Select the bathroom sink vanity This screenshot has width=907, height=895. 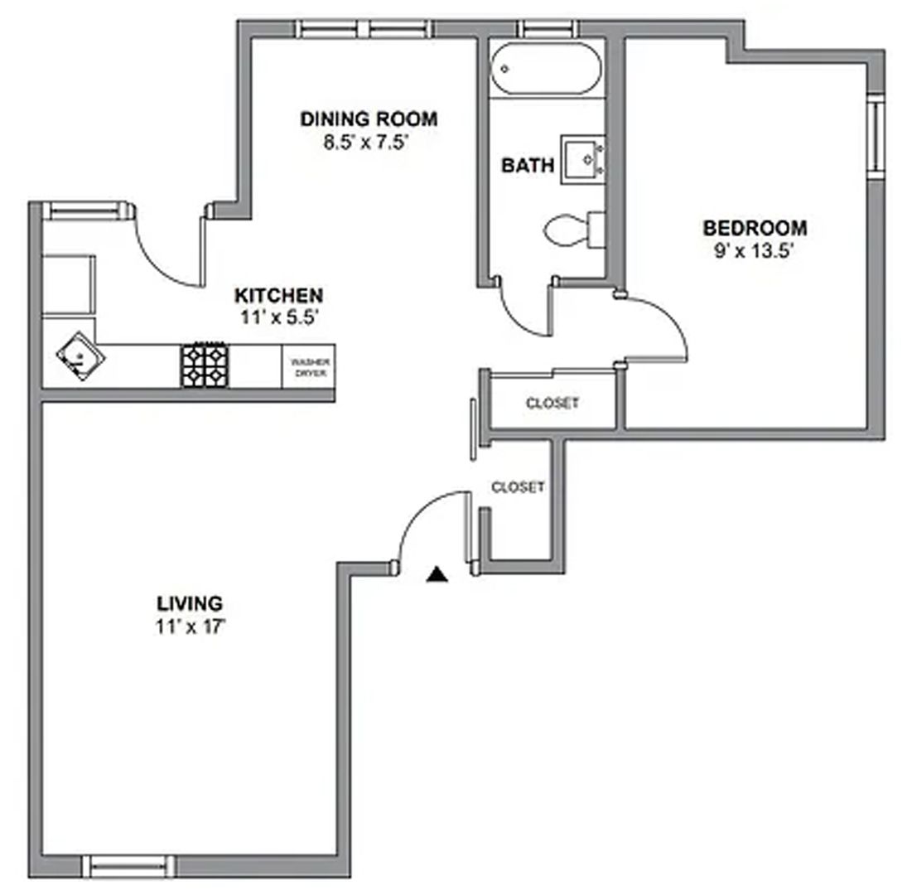click(x=585, y=159)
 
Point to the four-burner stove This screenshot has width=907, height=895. click(x=205, y=365)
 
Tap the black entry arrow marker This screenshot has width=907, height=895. click(x=437, y=574)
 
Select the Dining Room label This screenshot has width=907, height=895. click(x=369, y=119)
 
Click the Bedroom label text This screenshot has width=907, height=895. click(x=755, y=228)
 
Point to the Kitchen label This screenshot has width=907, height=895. click(x=278, y=295)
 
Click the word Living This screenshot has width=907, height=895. click(x=190, y=603)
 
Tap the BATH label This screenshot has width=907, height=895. click(x=528, y=165)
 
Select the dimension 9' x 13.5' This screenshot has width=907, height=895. click(x=749, y=250)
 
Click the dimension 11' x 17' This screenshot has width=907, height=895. click(x=190, y=626)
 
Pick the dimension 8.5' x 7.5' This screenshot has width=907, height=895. click(x=368, y=142)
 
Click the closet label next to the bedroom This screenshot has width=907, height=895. click(x=552, y=404)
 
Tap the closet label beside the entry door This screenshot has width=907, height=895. click(x=518, y=487)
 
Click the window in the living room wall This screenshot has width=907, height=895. click(x=131, y=865)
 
